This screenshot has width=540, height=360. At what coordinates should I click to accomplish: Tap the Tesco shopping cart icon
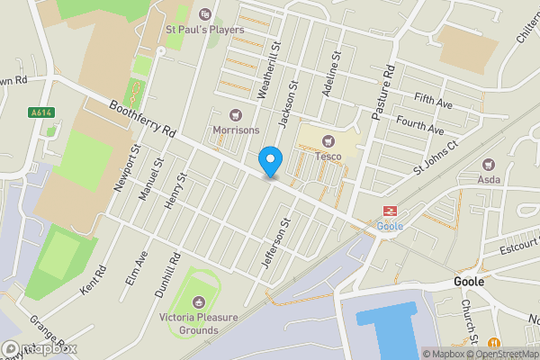point(328,140)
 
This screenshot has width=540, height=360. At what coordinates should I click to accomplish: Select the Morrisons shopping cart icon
point(236,115)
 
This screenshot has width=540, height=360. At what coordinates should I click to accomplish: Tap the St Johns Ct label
point(436,157)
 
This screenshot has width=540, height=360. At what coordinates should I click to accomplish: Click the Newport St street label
point(125,167)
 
